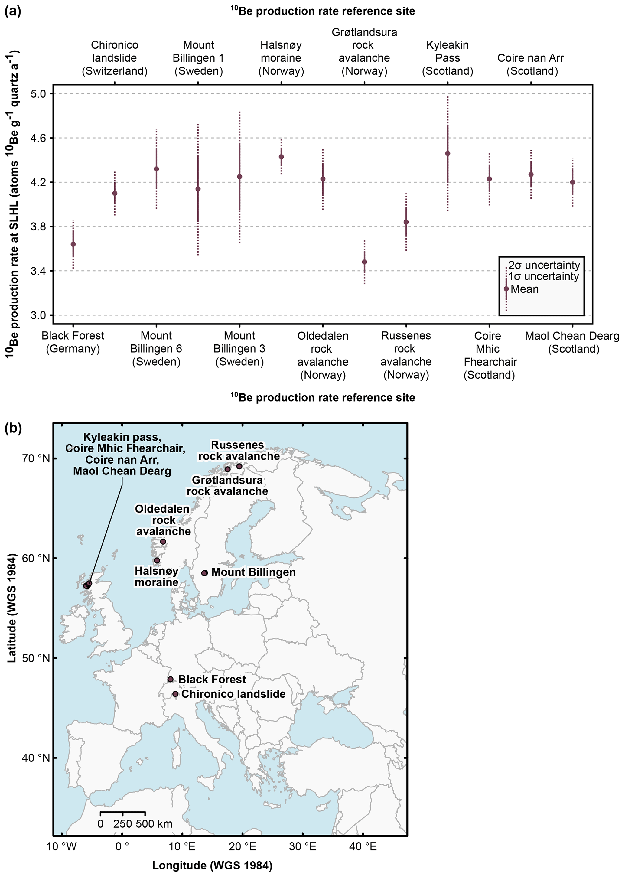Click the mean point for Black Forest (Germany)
click(x=73, y=244)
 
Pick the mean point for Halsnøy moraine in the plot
click(x=281, y=157)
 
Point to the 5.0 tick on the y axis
click(x=38, y=93)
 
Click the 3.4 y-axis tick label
click(x=38, y=271)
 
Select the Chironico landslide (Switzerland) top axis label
click(x=115, y=58)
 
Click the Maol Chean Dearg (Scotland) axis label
click(x=572, y=342)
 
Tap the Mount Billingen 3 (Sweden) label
click(x=239, y=349)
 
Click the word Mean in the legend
click(x=525, y=289)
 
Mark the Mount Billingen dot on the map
click(x=205, y=573)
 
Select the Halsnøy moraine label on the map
click(x=156, y=576)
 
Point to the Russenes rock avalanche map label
click(x=239, y=450)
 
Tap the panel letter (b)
click(x=13, y=428)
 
